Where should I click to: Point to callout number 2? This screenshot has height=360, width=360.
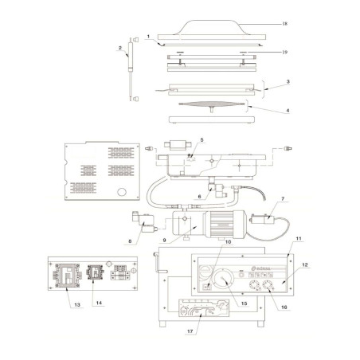(x=120, y=48)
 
